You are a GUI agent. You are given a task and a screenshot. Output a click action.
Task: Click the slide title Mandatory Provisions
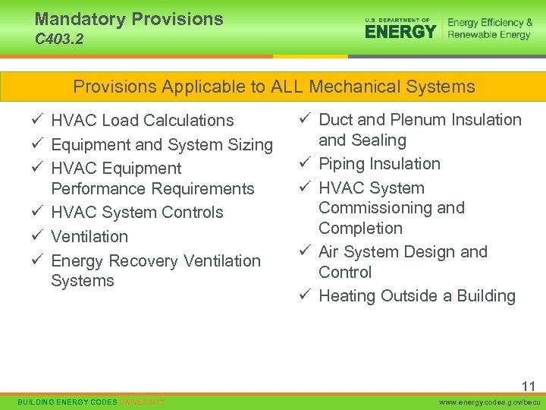[x=129, y=19]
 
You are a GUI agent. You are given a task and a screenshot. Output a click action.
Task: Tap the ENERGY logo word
[x=400, y=31]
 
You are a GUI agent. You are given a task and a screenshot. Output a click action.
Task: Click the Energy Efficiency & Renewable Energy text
[x=489, y=29]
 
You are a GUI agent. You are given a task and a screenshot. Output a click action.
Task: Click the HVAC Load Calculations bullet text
[x=142, y=121]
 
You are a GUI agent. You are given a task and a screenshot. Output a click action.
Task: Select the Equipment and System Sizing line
[x=162, y=144]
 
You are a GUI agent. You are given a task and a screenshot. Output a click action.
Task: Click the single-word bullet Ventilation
[x=89, y=237]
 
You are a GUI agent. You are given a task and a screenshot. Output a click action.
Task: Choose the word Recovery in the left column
[x=144, y=261]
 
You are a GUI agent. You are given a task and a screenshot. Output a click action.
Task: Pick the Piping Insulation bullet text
[x=379, y=164]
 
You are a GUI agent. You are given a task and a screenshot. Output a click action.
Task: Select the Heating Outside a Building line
[x=417, y=296]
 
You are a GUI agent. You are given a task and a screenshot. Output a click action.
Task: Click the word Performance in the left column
[x=99, y=188]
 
